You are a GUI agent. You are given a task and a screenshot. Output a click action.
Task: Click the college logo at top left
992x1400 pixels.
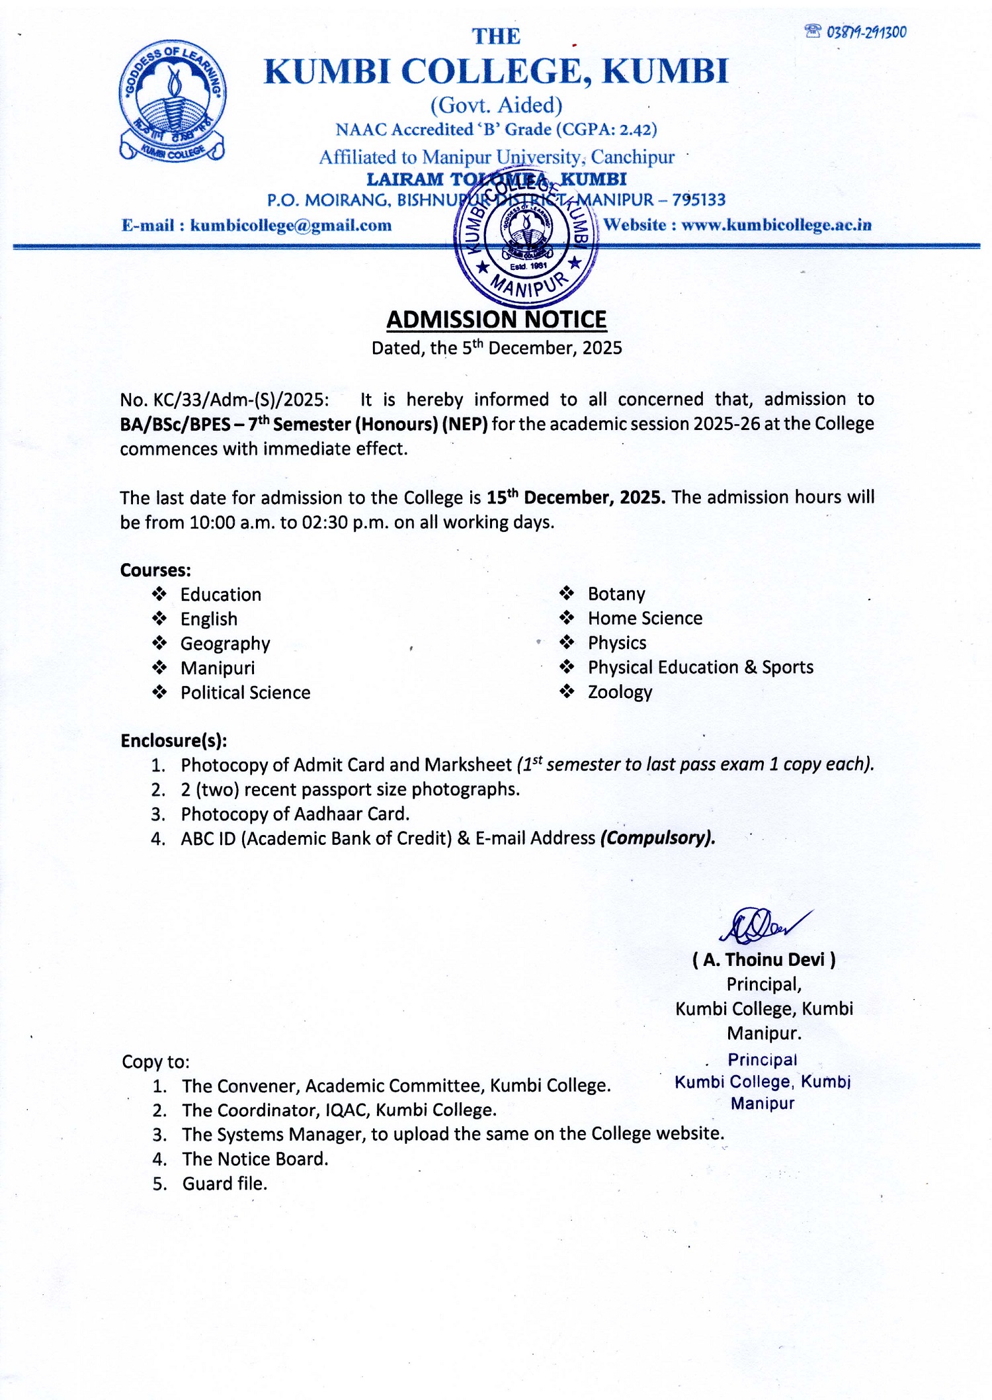click(173, 101)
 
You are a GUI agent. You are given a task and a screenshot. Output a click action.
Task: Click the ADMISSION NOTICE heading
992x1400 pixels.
click(496, 320)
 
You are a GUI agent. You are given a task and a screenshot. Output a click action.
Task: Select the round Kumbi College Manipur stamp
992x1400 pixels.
click(526, 236)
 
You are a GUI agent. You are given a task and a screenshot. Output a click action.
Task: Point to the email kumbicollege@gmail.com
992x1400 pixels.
click(290, 226)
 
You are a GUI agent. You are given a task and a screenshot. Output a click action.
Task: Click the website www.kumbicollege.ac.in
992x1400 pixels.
click(776, 225)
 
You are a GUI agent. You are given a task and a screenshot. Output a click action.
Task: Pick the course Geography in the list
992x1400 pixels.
click(225, 644)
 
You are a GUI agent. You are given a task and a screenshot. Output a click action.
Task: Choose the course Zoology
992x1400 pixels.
click(620, 692)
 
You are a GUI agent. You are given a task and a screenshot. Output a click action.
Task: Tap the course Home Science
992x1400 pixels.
click(645, 619)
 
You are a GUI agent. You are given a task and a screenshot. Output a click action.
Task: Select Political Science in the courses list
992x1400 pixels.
click(245, 693)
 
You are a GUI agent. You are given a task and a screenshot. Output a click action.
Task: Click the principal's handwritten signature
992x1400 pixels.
click(764, 924)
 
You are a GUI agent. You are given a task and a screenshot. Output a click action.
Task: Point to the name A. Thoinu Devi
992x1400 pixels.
click(764, 960)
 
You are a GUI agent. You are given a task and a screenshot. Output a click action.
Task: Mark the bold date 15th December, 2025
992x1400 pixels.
click(576, 498)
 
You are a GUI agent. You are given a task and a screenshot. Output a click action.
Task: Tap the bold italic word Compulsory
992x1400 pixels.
click(657, 838)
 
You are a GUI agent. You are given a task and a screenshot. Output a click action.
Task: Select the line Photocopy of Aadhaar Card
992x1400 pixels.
click(295, 814)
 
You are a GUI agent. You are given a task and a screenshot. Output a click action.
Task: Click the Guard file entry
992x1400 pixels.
click(225, 1184)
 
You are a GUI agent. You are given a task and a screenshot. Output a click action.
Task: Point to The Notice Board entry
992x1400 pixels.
click(255, 1159)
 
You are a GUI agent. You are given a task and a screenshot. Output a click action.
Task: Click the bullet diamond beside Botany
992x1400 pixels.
click(567, 593)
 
